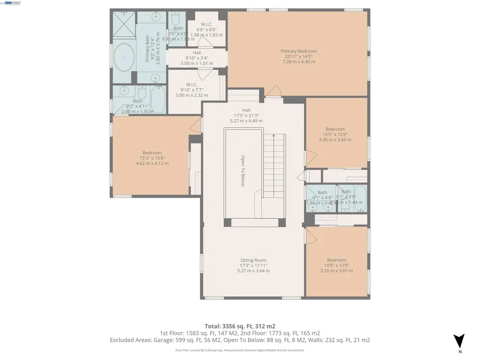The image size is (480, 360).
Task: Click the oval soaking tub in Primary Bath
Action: pyautogui.click(x=124, y=57)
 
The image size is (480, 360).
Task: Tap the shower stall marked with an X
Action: pyautogui.click(x=123, y=26)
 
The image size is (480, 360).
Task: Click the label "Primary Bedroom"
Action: pyautogui.click(x=299, y=51)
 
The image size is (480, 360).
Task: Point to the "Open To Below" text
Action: pyautogui.click(x=243, y=171)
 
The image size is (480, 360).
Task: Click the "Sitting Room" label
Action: pyautogui.click(x=253, y=260)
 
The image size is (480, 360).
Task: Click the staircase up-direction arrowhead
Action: pyautogui.click(x=273, y=135)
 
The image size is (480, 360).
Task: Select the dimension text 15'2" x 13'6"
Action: pyautogui.click(x=152, y=158)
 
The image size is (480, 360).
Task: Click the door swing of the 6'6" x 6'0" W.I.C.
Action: pyautogui.click(x=202, y=42)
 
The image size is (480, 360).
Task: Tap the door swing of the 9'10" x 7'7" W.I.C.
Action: pyautogui.click(x=204, y=74)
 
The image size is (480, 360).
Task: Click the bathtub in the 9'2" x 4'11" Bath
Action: pyautogui.click(x=158, y=99)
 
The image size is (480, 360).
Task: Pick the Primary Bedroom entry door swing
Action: pyautogui.click(x=275, y=90)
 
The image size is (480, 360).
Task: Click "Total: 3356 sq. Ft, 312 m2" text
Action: pyautogui.click(x=240, y=326)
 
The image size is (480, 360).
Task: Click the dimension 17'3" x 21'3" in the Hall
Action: pyautogui.click(x=246, y=115)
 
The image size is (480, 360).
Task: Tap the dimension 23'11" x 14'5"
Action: pyautogui.click(x=299, y=56)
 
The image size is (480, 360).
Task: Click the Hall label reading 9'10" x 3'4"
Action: pyautogui.click(x=197, y=58)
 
